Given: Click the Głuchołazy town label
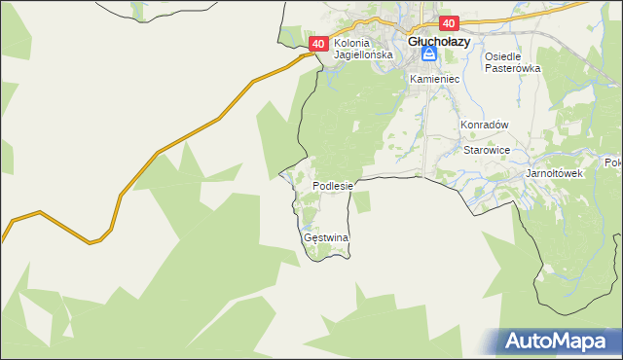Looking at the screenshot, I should (x=439, y=42).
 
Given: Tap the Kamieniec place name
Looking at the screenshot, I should (x=433, y=78).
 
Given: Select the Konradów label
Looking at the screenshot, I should (x=486, y=125).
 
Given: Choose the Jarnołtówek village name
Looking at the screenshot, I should (x=553, y=173).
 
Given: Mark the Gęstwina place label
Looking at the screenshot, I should (x=326, y=237).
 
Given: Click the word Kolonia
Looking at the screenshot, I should (x=353, y=44).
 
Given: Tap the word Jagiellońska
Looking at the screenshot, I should (x=363, y=55).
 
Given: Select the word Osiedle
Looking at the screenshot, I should (x=505, y=56).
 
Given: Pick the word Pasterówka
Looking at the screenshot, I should (x=512, y=69).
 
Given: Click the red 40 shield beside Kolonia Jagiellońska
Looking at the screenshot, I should (x=318, y=44).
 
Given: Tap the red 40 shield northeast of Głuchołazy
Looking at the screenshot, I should (x=448, y=23).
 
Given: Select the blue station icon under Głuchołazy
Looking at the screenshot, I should (x=429, y=57).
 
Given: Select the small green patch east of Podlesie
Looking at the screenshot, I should (x=362, y=201).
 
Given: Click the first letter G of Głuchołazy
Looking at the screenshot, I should (x=413, y=42).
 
